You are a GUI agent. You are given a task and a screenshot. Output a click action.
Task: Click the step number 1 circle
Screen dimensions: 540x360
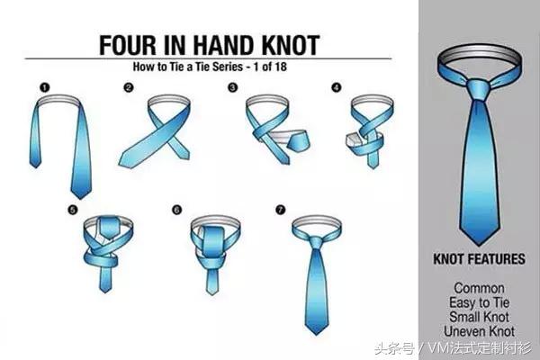pos(45,88)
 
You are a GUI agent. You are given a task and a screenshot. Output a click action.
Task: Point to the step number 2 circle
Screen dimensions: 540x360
pos(129,88)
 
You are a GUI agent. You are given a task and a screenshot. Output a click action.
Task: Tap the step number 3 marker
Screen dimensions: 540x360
pos(233,87)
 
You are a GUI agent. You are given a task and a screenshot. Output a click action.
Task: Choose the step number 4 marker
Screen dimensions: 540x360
pos(337,87)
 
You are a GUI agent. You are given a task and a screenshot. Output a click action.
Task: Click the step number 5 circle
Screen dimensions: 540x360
pos(73,210)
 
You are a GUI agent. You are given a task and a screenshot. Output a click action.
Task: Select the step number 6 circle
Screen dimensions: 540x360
pos(176,210)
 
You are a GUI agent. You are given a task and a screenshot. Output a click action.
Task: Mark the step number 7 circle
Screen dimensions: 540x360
pos(281,210)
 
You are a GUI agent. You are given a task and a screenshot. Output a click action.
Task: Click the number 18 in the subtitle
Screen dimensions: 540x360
pos(280,67)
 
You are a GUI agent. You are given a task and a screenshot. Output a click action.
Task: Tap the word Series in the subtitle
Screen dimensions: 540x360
pos(228,67)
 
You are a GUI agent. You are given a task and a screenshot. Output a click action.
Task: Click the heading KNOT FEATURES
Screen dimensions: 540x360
pos(479,259)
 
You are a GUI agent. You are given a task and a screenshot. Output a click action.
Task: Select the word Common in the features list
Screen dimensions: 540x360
pos(479,288)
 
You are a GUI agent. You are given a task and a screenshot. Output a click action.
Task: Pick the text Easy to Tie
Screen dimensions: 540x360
pos(479,302)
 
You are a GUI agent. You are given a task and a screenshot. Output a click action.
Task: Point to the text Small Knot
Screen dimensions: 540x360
pos(479,317)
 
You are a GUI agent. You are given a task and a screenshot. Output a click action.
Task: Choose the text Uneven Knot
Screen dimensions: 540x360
pos(479,331)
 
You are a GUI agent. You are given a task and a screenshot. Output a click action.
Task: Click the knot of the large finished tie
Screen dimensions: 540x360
pos(479,89)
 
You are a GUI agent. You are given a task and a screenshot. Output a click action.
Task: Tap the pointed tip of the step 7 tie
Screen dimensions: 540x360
pos(316,334)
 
